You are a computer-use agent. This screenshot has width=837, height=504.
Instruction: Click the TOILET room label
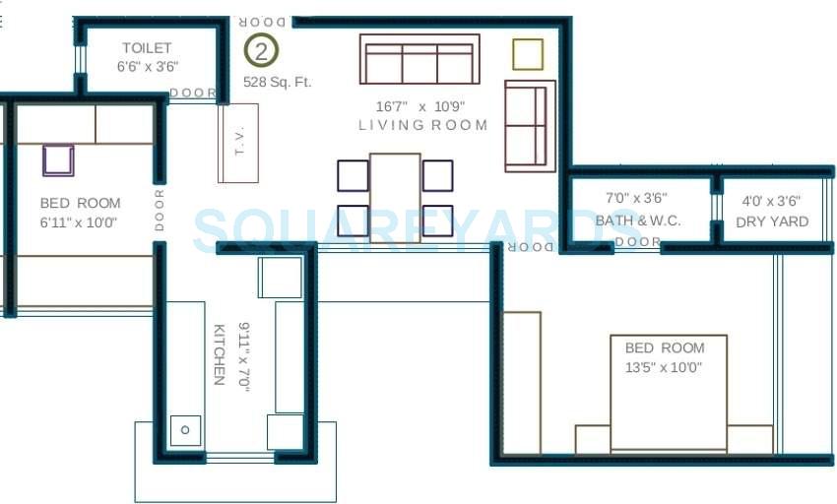147,47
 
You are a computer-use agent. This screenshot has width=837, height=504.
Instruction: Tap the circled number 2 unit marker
261,50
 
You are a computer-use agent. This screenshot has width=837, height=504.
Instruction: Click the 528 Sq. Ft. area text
278,82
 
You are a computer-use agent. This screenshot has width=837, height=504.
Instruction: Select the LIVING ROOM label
422,125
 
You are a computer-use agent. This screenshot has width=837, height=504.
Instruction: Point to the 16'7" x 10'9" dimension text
419,105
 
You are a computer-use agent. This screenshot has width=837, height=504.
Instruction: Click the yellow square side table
528,54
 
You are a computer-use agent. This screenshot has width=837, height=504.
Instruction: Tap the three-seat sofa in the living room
419,60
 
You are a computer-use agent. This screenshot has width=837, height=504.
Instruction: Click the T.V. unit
238,143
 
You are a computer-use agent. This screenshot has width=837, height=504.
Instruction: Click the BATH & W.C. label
637,220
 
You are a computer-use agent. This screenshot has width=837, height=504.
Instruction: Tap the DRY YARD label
772,221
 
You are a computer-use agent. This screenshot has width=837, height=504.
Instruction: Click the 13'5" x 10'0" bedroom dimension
665,367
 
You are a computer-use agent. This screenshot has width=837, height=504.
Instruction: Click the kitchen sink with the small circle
185,429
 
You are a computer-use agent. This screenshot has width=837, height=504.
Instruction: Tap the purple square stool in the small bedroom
58,159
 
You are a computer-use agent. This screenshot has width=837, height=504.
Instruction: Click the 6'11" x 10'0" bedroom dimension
79,222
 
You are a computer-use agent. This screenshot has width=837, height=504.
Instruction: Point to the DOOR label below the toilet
193,93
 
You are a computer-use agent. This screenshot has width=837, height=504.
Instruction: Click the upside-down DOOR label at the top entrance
263,22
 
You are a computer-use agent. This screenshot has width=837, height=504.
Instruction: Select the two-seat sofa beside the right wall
528,125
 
